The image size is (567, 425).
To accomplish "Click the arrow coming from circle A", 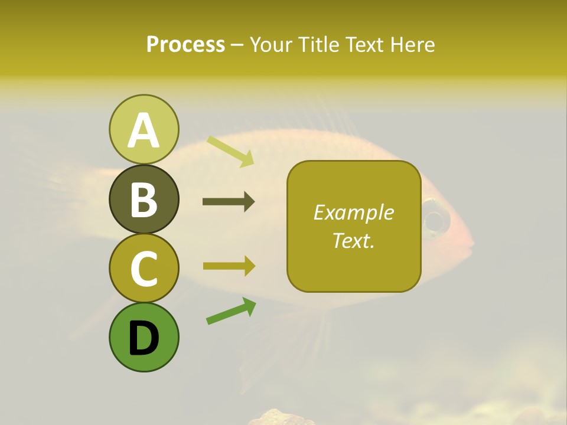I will [230, 151].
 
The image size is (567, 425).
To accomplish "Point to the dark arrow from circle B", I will [229, 202].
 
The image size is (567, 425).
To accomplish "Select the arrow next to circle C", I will [229, 266].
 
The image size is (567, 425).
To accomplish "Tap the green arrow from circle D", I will [231, 311].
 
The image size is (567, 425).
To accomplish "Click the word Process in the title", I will [185, 44].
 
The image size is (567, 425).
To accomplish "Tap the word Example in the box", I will [353, 212].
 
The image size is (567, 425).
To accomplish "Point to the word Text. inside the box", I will [353, 240].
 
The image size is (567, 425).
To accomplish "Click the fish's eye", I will [436, 221].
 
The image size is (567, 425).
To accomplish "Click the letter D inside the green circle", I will [144, 339].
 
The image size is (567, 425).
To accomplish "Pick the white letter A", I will [144, 131].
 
